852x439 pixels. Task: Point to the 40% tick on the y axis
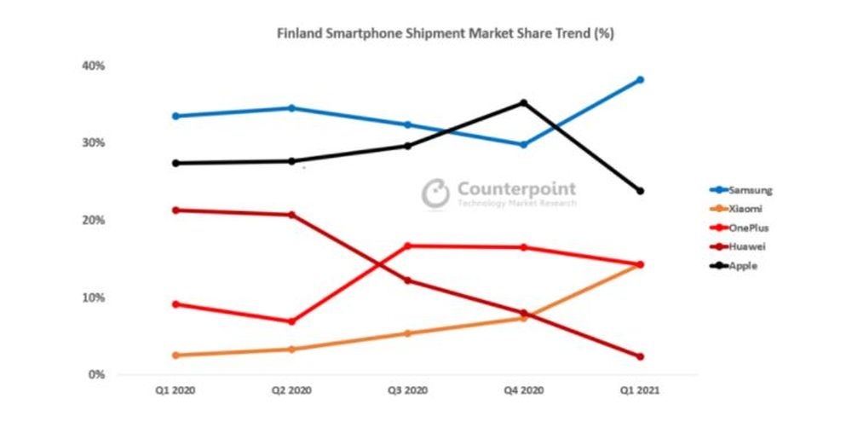94,66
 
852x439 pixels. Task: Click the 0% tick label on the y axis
96,374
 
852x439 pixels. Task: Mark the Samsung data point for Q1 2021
640,80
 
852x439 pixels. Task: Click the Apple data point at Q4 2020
523,103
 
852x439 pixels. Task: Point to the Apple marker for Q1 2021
640,191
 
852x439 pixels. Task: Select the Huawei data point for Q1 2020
176,210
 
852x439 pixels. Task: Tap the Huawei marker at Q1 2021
640,356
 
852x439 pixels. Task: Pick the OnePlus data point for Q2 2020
291,321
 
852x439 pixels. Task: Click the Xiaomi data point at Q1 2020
176,355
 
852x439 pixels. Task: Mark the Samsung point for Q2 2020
291,108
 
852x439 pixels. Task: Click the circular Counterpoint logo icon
435,193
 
